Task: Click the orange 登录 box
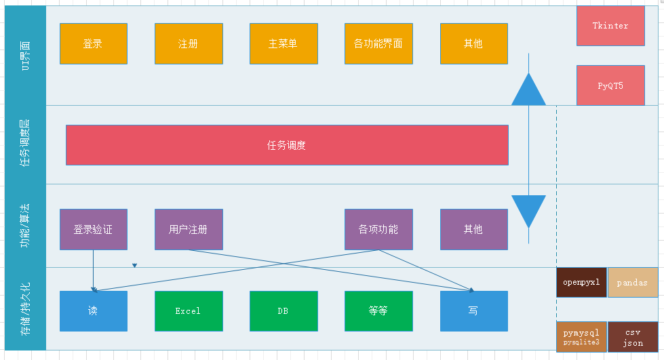94,44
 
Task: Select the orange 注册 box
189,44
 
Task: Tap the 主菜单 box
284,44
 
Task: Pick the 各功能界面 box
378,44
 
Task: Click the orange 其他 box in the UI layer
473,44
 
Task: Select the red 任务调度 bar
287,145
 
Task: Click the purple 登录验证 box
94,229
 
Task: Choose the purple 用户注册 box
189,229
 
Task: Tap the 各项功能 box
378,229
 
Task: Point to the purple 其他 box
473,229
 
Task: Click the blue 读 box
94,311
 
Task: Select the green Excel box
189,311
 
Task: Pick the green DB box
284,311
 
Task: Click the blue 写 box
473,311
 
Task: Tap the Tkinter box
610,26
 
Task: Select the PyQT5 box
610,85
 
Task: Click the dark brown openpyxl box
581,283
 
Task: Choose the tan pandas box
633,283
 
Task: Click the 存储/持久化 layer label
26,308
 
